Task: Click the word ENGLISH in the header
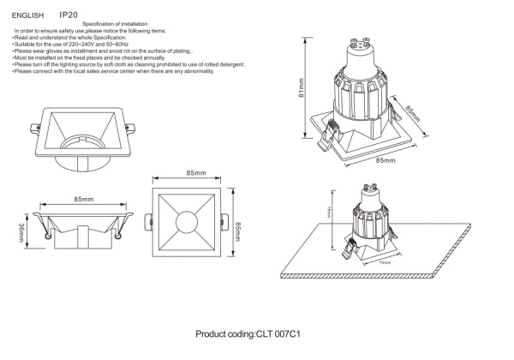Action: (x=27, y=15)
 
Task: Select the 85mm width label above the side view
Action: (x=83, y=199)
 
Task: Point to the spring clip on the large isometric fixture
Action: (x=330, y=133)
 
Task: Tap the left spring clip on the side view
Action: (x=45, y=229)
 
